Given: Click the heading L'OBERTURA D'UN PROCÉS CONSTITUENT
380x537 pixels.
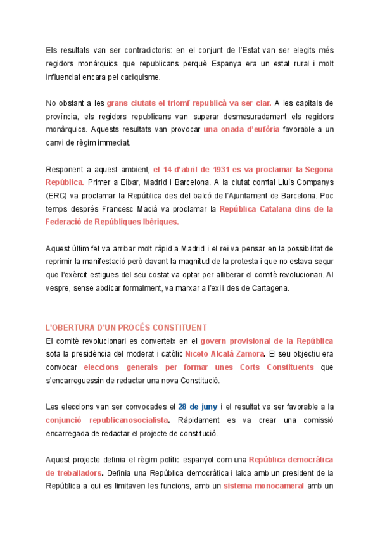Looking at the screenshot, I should click(x=126, y=327).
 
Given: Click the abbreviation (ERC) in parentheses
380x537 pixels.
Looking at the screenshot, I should click(x=57, y=196).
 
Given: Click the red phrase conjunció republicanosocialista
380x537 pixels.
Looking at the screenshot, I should click(x=107, y=420).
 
